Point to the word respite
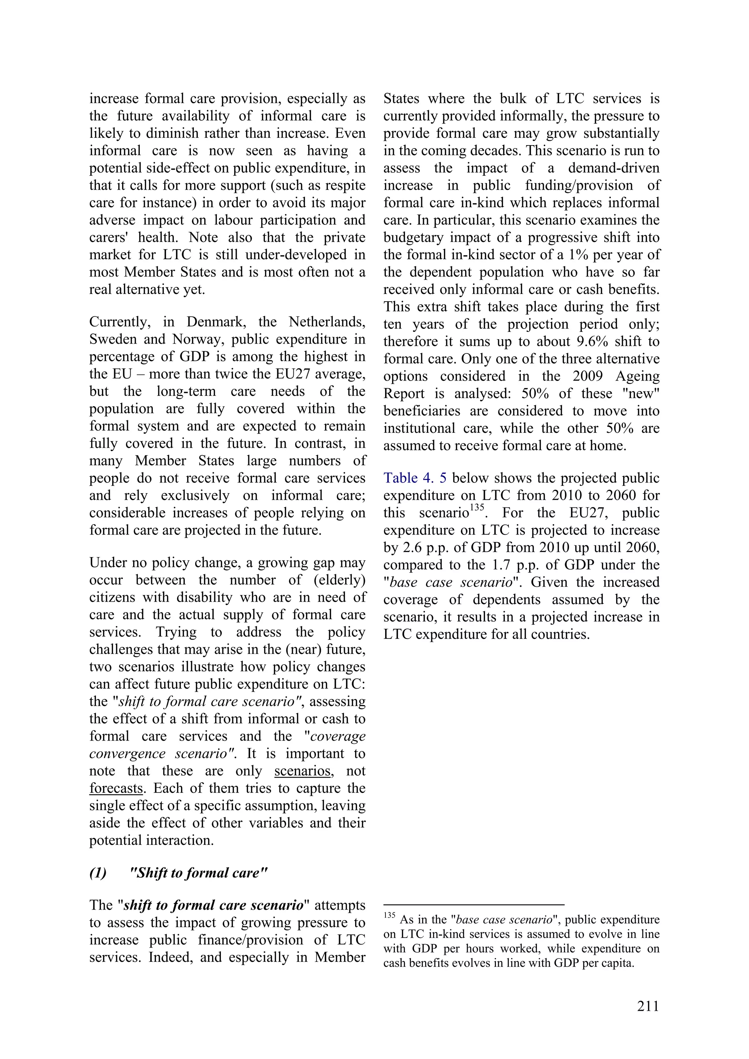pyautogui.click(x=343, y=185)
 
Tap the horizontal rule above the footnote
pyautogui.click(x=474, y=905)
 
